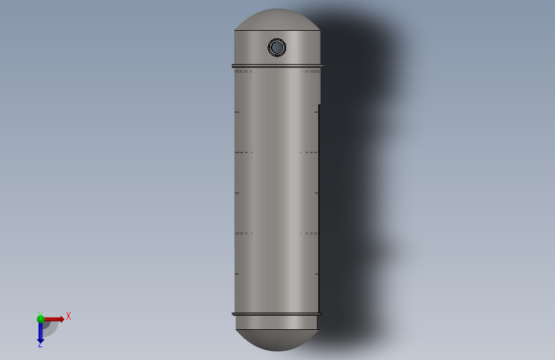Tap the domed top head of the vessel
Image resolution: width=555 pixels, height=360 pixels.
[x=277, y=19]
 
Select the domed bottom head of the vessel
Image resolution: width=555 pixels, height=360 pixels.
[x=277, y=340]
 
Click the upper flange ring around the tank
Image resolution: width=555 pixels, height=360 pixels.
[x=277, y=66]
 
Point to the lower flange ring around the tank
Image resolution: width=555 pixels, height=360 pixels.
[x=277, y=314]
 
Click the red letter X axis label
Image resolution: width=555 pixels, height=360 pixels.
[x=68, y=316]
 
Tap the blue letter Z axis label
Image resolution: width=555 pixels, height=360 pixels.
[x=40, y=345]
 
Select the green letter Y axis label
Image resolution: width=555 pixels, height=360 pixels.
[x=40, y=314]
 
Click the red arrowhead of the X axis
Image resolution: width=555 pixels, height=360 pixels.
[x=62, y=319]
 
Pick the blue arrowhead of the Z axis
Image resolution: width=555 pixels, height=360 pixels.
[x=40, y=341]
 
